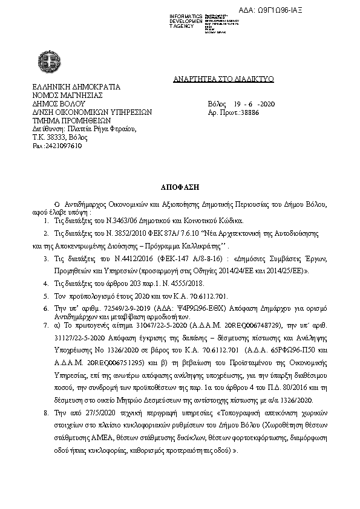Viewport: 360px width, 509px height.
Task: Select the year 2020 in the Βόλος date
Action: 266,104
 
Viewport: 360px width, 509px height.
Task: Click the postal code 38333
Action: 59,137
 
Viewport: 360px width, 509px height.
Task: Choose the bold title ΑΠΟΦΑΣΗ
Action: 180,188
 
